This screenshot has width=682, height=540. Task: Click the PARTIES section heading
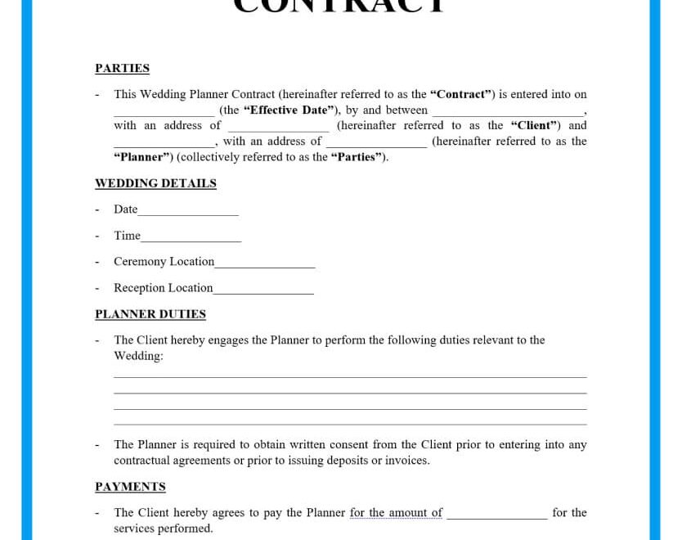[x=122, y=69]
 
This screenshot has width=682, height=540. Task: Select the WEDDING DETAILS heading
[x=155, y=183]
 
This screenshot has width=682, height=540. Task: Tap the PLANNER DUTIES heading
[x=150, y=314]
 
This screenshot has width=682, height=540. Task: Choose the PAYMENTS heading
[x=130, y=487]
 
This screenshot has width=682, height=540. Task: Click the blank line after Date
[x=188, y=213]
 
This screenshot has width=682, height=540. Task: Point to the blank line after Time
[x=191, y=239]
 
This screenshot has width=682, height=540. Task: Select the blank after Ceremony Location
[x=265, y=265]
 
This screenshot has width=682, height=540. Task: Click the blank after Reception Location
[x=263, y=291]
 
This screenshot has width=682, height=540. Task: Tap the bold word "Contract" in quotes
[x=461, y=95]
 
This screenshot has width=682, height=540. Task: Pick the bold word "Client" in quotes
[x=534, y=126]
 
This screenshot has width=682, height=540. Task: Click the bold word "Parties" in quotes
[x=358, y=157]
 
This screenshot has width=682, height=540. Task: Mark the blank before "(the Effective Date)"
[x=164, y=114]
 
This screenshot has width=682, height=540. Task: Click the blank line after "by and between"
[x=508, y=114]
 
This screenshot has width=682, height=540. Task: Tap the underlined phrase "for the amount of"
[x=396, y=513]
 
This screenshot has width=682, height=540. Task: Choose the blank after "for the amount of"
[x=496, y=516]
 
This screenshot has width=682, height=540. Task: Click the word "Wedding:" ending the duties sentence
[x=138, y=356]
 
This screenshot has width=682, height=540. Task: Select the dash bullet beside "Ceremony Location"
[x=96, y=263]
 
